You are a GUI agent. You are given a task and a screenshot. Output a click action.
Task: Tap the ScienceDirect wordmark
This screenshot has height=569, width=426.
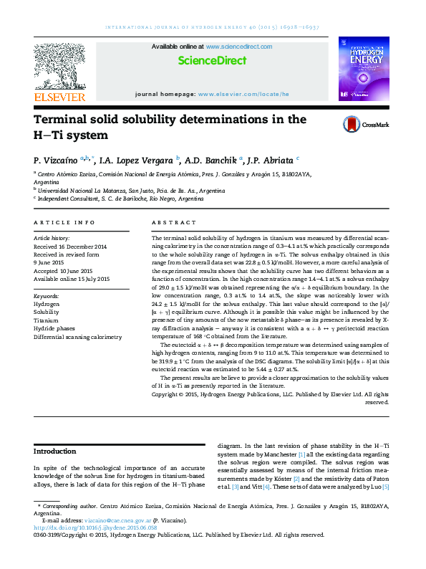[x=212, y=62]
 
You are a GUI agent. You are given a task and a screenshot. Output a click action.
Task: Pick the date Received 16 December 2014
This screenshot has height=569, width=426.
[x=70, y=246]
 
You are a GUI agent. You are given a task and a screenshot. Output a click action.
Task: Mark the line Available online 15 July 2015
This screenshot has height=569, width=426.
[x=72, y=279]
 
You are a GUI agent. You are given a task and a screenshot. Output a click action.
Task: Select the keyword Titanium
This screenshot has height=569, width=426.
[x=47, y=320]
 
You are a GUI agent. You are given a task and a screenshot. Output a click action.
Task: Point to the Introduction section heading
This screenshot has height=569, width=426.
[x=56, y=451]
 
